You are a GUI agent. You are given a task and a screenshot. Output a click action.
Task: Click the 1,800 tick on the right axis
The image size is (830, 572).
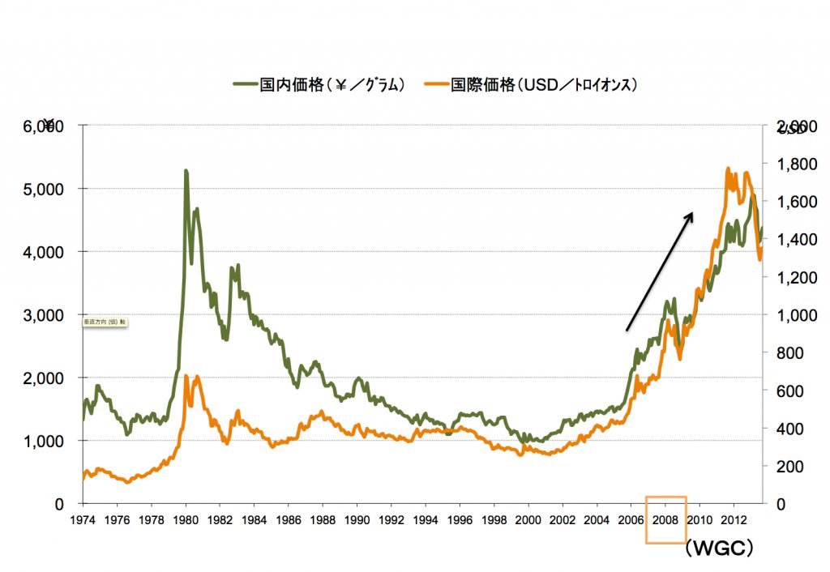pos(793,164)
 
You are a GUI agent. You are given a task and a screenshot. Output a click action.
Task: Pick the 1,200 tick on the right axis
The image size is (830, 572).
pos(793,277)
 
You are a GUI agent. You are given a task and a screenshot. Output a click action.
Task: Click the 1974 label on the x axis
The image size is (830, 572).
pos(83,519)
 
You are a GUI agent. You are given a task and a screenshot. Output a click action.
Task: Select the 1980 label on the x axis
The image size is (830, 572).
pos(186,519)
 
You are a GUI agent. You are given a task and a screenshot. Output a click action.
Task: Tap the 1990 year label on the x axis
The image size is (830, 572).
pos(357,519)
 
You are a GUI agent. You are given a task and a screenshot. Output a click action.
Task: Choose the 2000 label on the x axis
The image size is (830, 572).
pos(528,519)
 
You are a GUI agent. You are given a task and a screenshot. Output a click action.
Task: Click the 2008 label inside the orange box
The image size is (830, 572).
pos(665,519)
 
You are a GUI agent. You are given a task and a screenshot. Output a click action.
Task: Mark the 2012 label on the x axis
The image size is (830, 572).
pos(734,519)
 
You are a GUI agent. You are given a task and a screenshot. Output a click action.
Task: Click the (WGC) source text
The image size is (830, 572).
pos(719,549)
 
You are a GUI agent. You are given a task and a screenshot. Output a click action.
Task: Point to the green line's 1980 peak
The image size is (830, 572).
pos(186,171)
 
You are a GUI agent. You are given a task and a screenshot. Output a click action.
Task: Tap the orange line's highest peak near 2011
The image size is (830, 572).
pos(728,169)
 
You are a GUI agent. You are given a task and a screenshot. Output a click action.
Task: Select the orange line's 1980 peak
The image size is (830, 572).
pos(186,376)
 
